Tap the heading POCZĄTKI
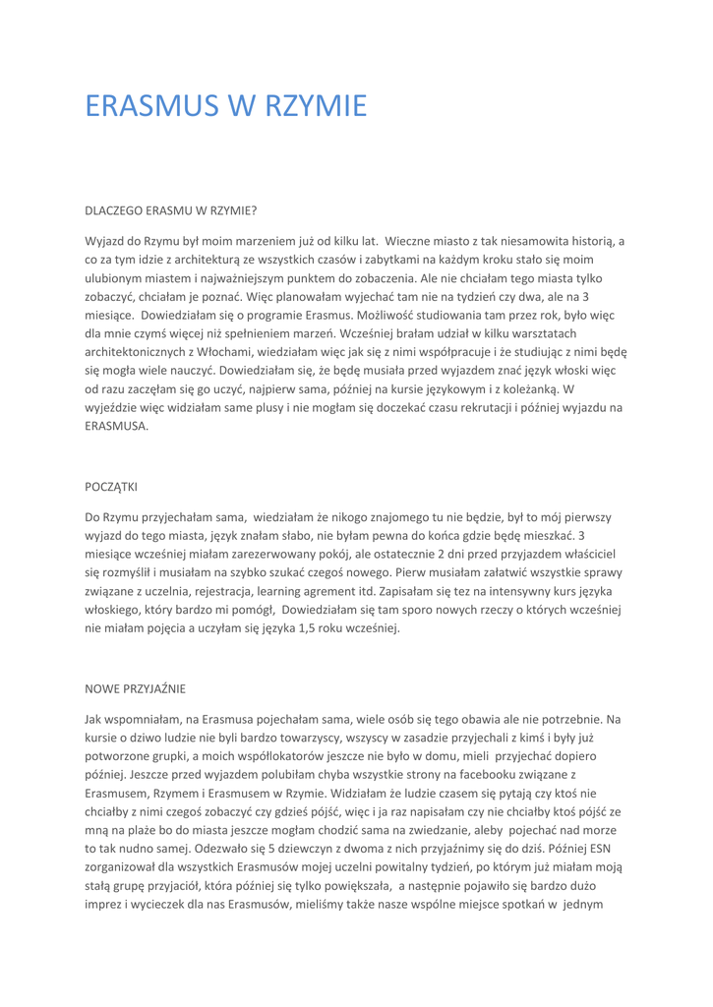[115, 487]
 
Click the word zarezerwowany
[263, 553]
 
